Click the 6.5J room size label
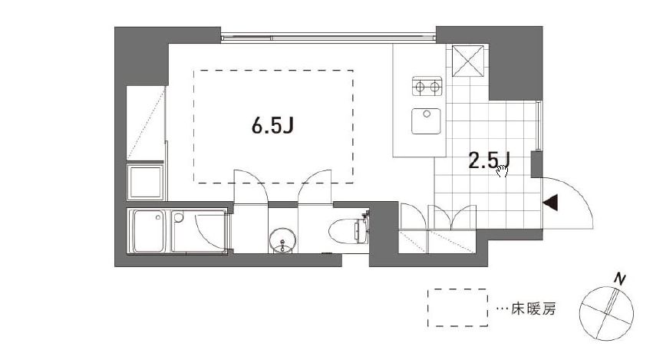click(272, 125)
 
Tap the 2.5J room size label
click(490, 160)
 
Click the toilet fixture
click(348, 230)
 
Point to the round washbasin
click(283, 241)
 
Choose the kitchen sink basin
click(426, 121)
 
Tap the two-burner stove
click(427, 86)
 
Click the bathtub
click(147, 231)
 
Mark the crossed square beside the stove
click(468, 61)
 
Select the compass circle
click(606, 313)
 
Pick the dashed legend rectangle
click(457, 308)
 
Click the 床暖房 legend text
click(533, 309)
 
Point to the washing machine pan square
click(145, 182)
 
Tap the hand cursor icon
click(502, 171)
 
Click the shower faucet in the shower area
click(179, 217)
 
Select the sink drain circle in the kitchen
click(427, 114)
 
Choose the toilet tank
click(361, 230)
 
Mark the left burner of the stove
click(420, 87)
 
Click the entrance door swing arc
click(579, 193)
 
